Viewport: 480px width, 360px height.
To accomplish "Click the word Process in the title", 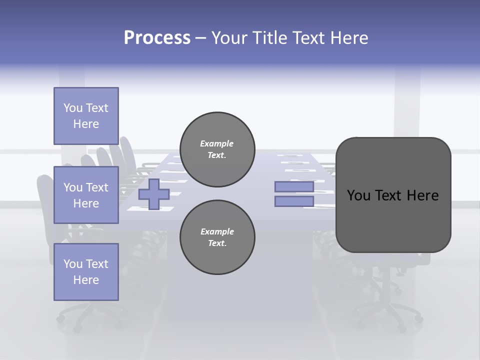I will (157, 38).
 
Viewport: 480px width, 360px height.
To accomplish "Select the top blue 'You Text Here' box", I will (86, 116).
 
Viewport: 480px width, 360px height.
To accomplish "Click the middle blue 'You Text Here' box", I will (86, 195).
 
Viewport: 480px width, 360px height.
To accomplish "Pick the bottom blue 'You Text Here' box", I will (86, 272).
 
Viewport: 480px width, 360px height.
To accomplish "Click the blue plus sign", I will (154, 194).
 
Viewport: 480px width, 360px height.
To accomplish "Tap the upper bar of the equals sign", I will (294, 186).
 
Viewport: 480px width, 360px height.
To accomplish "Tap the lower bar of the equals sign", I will (294, 201).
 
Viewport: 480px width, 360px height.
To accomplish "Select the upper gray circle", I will (217, 149).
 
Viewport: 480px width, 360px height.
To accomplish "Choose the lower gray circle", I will (217, 237).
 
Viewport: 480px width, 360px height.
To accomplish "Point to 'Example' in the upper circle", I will (217, 143).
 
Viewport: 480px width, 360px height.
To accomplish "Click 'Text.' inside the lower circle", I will (217, 243).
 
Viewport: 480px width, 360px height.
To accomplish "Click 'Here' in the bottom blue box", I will (86, 280).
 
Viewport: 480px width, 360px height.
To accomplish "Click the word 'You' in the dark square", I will (359, 195).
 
